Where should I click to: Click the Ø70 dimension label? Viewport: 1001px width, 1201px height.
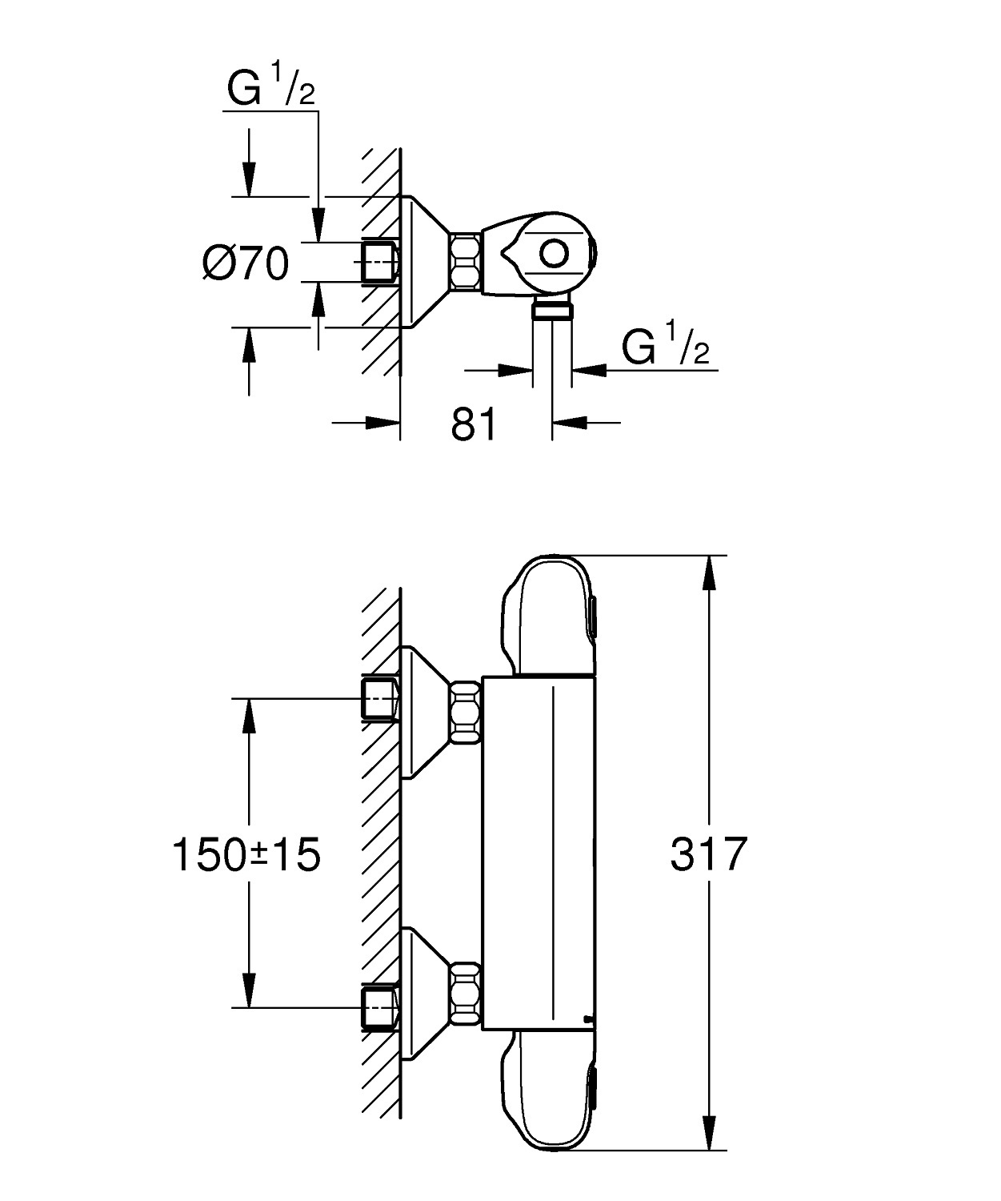point(245,263)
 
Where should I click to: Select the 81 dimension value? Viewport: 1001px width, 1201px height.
point(474,424)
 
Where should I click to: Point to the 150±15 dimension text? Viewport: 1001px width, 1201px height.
point(246,854)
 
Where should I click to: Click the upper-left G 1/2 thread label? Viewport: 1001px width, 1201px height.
point(270,90)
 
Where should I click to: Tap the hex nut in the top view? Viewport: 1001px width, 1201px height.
point(465,261)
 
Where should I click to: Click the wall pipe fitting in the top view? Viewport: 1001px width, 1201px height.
point(379,262)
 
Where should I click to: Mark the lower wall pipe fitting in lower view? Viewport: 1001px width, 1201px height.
point(379,1007)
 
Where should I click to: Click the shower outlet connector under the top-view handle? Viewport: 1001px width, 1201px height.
point(552,311)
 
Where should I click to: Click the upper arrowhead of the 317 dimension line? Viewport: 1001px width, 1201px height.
point(708,572)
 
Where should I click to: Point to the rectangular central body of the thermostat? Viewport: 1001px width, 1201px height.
point(539,853)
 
